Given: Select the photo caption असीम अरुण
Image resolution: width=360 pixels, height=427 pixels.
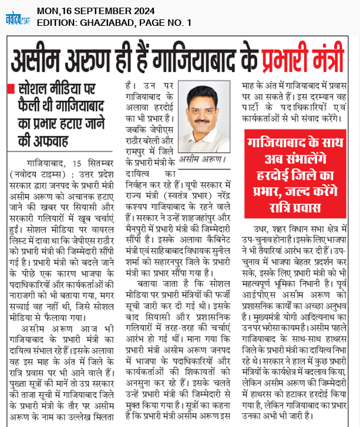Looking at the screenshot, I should (x=203, y=159).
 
